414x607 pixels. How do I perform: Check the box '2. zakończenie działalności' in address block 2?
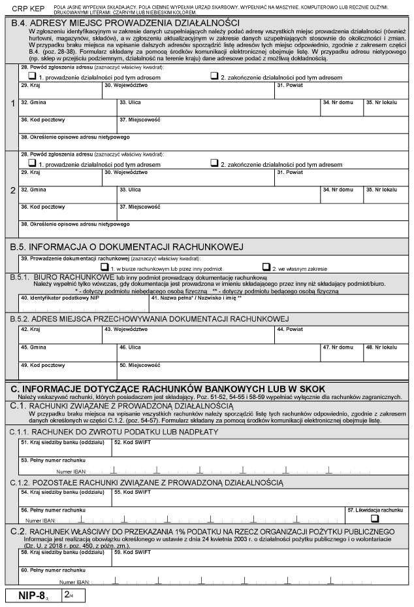(214, 162)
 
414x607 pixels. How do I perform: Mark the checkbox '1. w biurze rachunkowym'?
(103, 267)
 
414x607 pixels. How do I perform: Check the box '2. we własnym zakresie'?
(266, 267)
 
